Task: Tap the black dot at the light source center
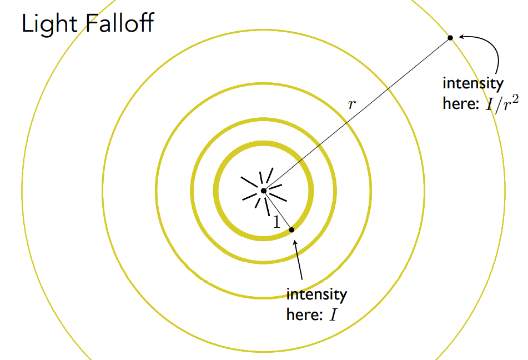coord(264,191)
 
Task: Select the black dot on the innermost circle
coord(291,229)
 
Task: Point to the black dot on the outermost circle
coord(450,38)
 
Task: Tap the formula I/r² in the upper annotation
coord(502,103)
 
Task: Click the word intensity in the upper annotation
coord(473,84)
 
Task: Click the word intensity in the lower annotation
coord(316,294)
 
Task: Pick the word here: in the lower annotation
coord(304,315)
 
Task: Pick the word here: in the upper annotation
coord(460,104)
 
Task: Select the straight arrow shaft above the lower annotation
coord(299,261)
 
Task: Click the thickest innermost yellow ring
coord(216,191)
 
